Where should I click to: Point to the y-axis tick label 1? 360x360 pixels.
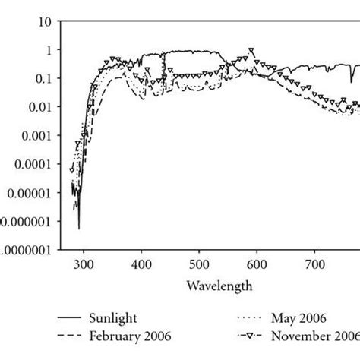coord(47,49)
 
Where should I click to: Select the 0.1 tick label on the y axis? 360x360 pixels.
coord(42,78)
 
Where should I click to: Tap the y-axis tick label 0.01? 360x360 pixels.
coord(39,107)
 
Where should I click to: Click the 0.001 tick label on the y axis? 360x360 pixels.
coord(35,135)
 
